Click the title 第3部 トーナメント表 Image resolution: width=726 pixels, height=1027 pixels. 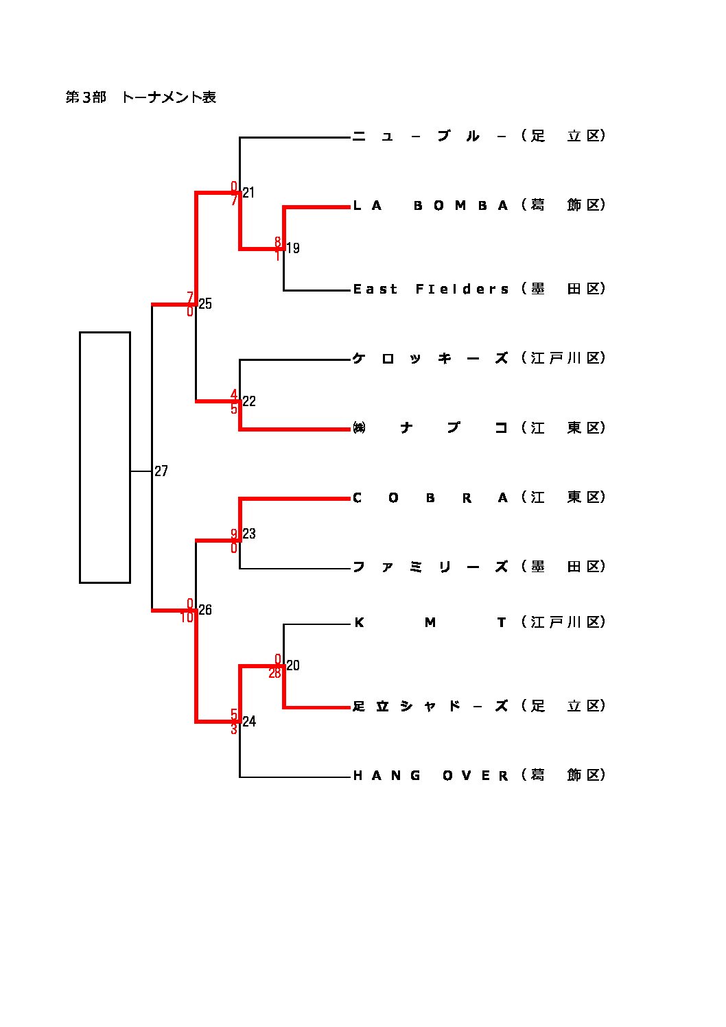tap(141, 97)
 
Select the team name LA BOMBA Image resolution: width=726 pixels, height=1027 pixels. tap(430, 205)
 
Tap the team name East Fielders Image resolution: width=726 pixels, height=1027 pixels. tap(430, 289)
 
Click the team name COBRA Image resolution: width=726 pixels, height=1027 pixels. tap(430, 497)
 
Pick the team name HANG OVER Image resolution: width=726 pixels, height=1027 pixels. tap(430, 775)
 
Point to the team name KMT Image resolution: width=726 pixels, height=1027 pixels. tap(430, 622)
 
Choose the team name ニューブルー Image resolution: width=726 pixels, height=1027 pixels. tap(430, 136)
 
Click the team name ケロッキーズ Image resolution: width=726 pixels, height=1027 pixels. tap(430, 358)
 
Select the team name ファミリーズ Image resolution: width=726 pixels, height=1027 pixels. tap(430, 567)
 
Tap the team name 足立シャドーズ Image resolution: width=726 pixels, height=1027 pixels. tap(430, 706)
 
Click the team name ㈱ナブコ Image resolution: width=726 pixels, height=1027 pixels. tap(430, 428)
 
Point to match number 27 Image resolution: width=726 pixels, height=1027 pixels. tap(161, 471)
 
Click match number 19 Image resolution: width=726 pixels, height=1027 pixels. tap(293, 248)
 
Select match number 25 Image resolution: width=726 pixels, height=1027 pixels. tap(205, 304)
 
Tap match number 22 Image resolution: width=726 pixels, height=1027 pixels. tap(249, 401)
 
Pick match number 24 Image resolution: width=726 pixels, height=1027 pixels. tap(249, 721)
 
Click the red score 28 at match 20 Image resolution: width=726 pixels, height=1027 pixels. tap(274, 673)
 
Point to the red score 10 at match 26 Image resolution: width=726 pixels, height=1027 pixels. tap(187, 617)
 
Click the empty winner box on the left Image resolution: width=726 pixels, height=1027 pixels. tap(105, 457)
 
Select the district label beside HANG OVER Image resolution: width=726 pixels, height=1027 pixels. tap(563, 775)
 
